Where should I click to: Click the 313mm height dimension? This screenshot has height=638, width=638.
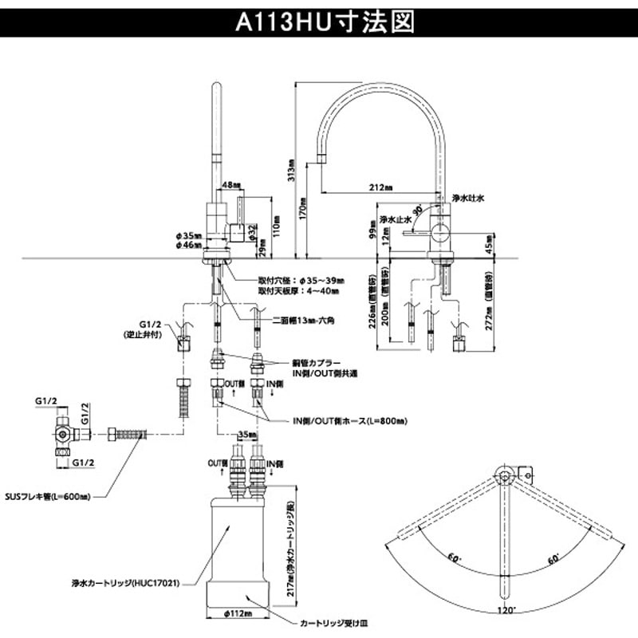click(x=293, y=171)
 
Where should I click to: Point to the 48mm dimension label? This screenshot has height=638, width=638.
click(x=230, y=184)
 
